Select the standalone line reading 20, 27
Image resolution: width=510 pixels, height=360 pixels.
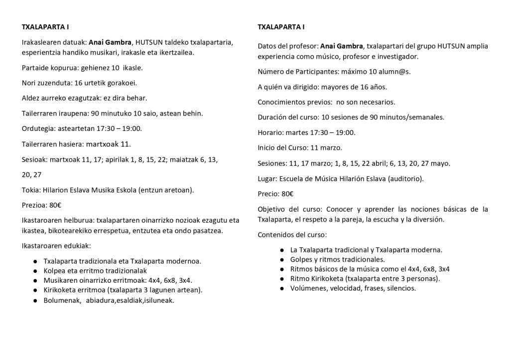pyautogui.click(x=32, y=175)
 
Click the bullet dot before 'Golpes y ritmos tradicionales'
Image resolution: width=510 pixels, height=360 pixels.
pyautogui.click(x=282, y=259)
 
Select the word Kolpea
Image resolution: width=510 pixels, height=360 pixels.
pyautogui.click(x=55, y=270)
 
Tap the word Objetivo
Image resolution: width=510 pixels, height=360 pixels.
pyautogui.click(x=272, y=209)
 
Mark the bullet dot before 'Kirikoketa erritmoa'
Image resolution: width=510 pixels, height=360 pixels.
pyautogui.click(x=35, y=290)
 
